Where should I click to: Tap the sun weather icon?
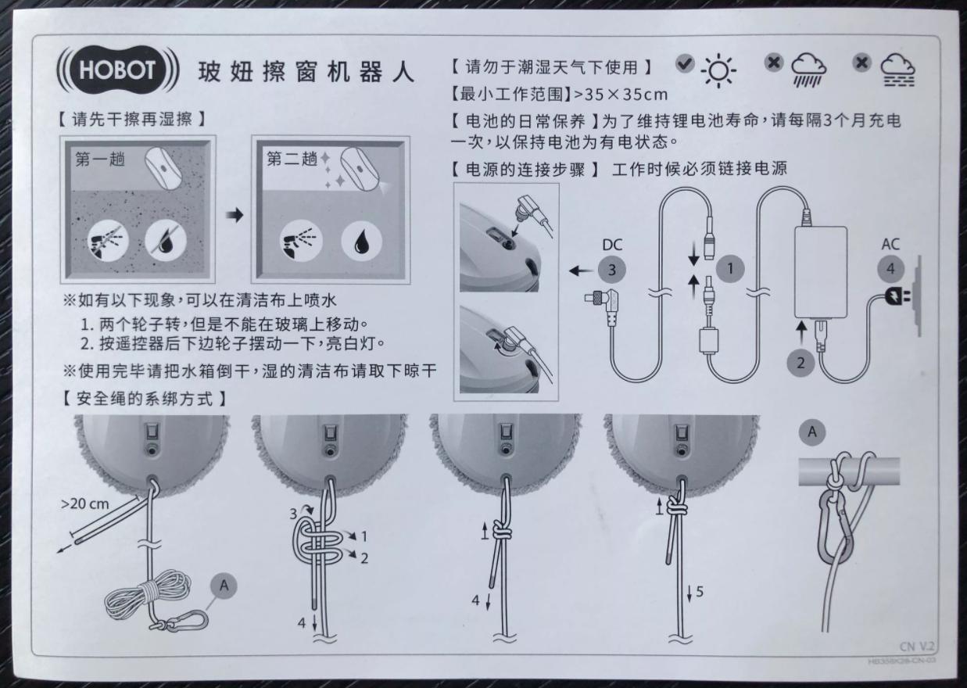(x=718, y=71)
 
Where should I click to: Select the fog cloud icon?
(x=897, y=71)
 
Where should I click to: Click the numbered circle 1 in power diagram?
(x=731, y=269)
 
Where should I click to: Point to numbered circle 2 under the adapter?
(x=801, y=363)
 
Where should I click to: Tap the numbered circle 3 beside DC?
(x=612, y=270)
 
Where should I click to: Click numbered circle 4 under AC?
(x=890, y=269)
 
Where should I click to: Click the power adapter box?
(x=820, y=271)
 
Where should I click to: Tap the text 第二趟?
(x=292, y=159)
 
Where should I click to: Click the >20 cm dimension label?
(x=85, y=503)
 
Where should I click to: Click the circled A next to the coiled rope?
(x=224, y=585)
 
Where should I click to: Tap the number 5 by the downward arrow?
(x=700, y=592)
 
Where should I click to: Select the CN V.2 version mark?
(x=918, y=647)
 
